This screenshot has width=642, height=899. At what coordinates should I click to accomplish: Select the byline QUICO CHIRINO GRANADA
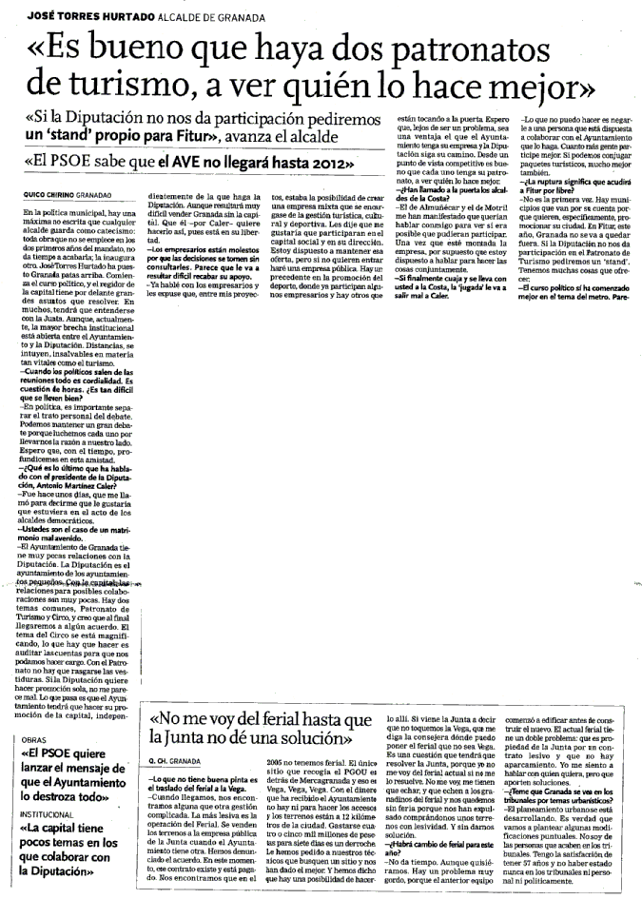pyautogui.click(x=64, y=192)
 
